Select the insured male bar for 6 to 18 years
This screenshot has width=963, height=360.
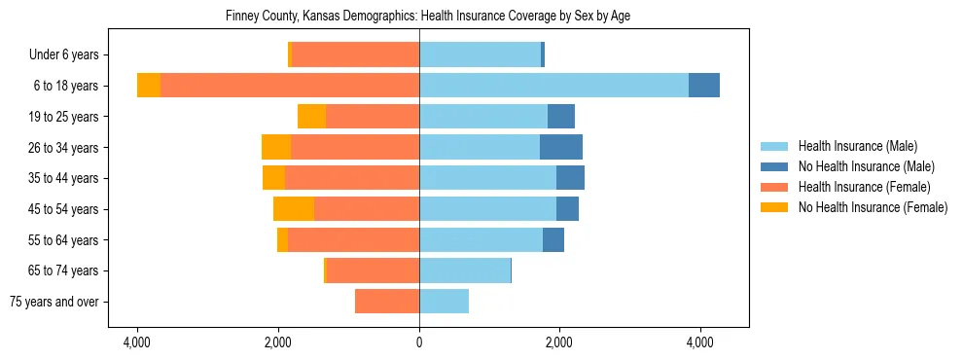553,86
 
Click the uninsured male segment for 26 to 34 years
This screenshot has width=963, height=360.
561,147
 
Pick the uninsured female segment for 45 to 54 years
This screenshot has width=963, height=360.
294,208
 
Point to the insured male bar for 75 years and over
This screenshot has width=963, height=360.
444,302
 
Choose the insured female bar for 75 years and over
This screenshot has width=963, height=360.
387,302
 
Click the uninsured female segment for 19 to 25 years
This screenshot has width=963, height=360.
311,117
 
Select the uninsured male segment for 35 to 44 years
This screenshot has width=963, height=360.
570,178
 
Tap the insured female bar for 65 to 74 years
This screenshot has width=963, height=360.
374,270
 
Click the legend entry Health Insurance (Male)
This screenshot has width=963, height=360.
857,146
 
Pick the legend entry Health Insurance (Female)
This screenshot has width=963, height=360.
864,187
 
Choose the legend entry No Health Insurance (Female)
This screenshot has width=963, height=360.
873,207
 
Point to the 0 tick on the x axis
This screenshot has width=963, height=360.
419,343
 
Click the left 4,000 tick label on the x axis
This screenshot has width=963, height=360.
137,343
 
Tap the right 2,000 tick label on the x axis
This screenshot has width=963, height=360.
559,343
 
